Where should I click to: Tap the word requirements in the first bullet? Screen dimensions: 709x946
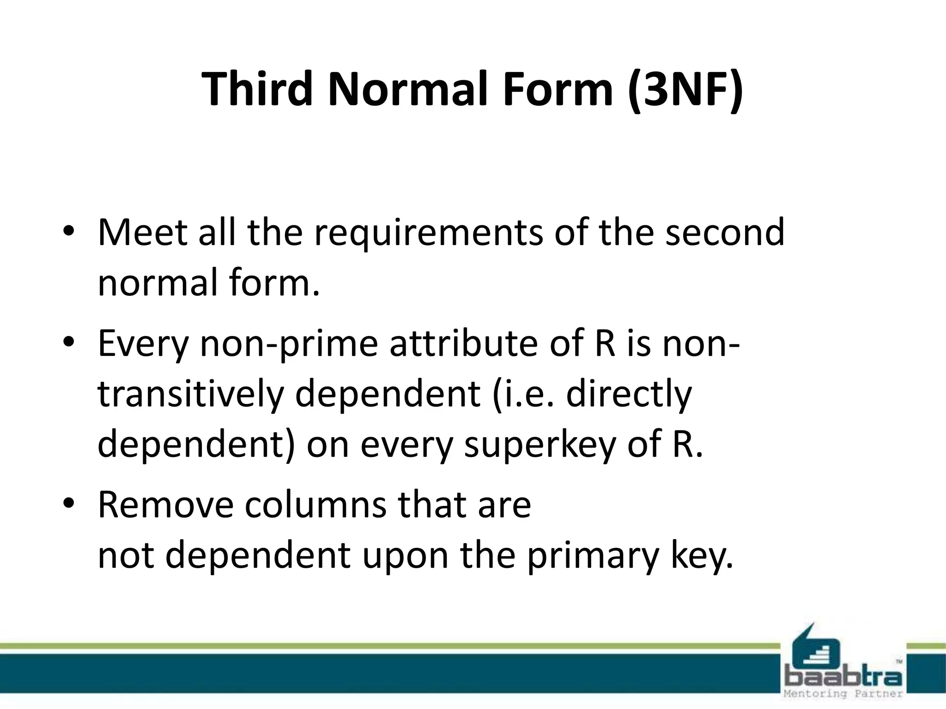(429, 233)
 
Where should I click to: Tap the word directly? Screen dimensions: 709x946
(629, 396)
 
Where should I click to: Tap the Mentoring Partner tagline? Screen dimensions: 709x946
(843, 694)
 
